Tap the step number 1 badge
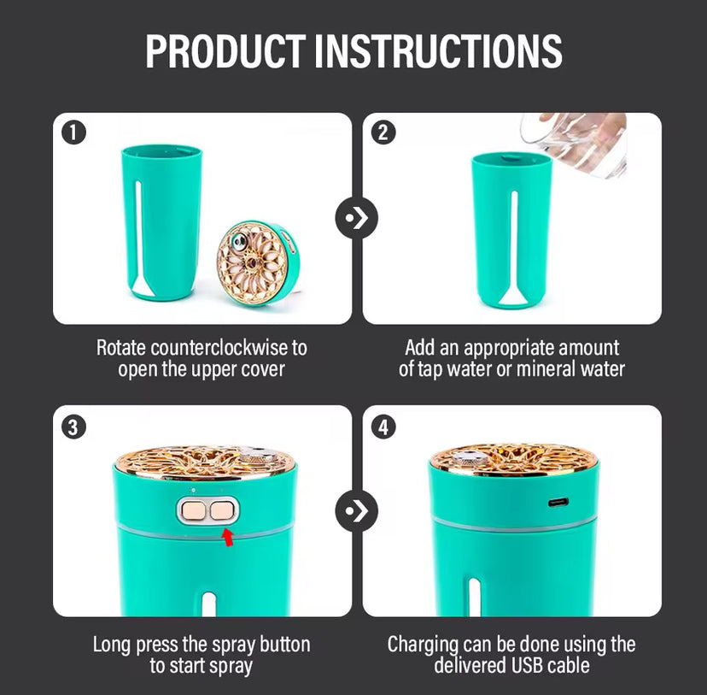73,133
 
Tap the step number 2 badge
383,133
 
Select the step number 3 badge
73,427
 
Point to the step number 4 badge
383,427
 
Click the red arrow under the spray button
229,538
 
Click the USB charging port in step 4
558,503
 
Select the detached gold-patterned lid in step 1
258,262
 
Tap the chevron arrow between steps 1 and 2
357,218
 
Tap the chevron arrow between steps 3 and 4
357,511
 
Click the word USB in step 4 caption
529,666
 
